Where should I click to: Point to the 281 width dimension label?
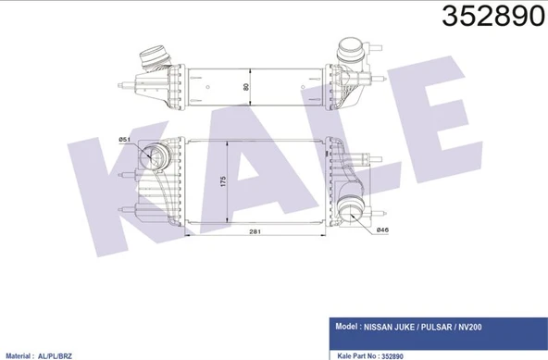(255, 231)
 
